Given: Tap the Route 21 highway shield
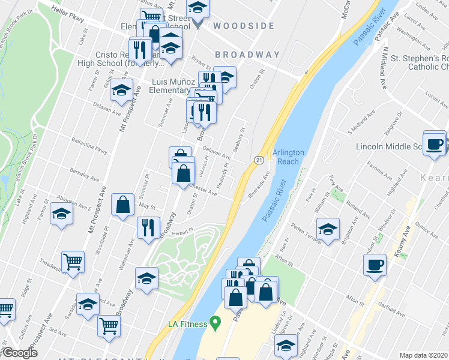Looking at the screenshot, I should pyautogui.click(x=259, y=160).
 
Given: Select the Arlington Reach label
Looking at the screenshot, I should pyautogui.click(x=289, y=157).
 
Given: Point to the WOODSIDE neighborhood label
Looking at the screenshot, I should pyautogui.click(x=243, y=26).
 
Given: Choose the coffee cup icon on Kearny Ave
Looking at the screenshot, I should pyautogui.click(x=375, y=265).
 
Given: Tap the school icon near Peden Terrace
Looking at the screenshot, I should pyautogui.click(x=327, y=229).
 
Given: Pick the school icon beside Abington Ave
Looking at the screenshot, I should pyautogui.click(x=61, y=212).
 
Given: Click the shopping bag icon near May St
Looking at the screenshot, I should pyautogui.click(x=123, y=205).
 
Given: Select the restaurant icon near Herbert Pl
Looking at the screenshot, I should pyautogui.click(x=147, y=227).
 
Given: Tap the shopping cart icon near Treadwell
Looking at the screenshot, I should pyautogui.click(x=73, y=261).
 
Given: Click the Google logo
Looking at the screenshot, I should pyautogui.click(x=20, y=353).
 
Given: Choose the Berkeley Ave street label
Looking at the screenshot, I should pyautogui.click(x=84, y=174).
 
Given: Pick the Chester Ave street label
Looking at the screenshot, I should pyautogui.click(x=202, y=190).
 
